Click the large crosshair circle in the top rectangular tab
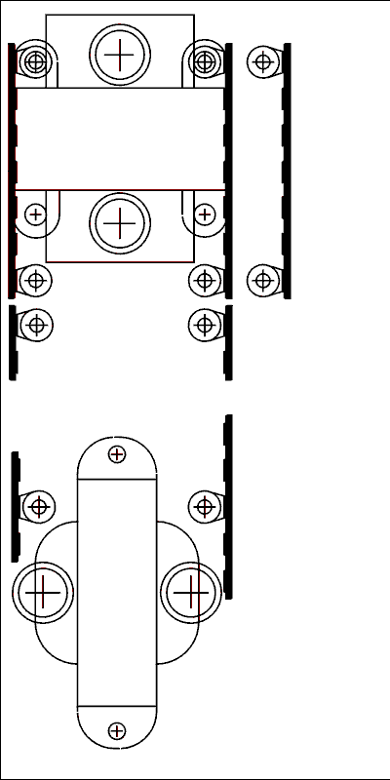pyautogui.click(x=119, y=55)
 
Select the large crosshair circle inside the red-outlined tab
pyautogui.click(x=119, y=223)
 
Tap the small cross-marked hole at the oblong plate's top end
pyautogui.click(x=117, y=453)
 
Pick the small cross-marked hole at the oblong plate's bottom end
pyautogui.click(x=117, y=730)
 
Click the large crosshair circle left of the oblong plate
pyautogui.click(x=43, y=593)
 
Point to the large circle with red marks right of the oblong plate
pyautogui.click(x=191, y=592)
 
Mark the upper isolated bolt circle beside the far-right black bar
pyautogui.click(x=261, y=62)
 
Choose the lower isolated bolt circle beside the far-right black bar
pyautogui.click(x=261, y=281)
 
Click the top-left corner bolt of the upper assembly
pyautogui.click(x=36, y=62)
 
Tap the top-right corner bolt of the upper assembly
pyautogui.click(x=204, y=62)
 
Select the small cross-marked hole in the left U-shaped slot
pyautogui.click(x=36, y=214)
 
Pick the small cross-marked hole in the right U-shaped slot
pyautogui.click(x=204, y=214)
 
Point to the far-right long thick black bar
pyautogui.click(x=287, y=171)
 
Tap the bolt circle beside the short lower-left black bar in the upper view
pyautogui.click(x=36, y=325)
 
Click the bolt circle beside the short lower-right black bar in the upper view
pyautogui.click(x=204, y=325)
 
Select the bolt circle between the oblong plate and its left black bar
pyautogui.click(x=38, y=506)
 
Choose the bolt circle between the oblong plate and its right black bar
pyautogui.click(x=204, y=506)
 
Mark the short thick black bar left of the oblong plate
pyautogui.click(x=16, y=507)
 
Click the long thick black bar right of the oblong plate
pyautogui.click(x=228, y=507)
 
